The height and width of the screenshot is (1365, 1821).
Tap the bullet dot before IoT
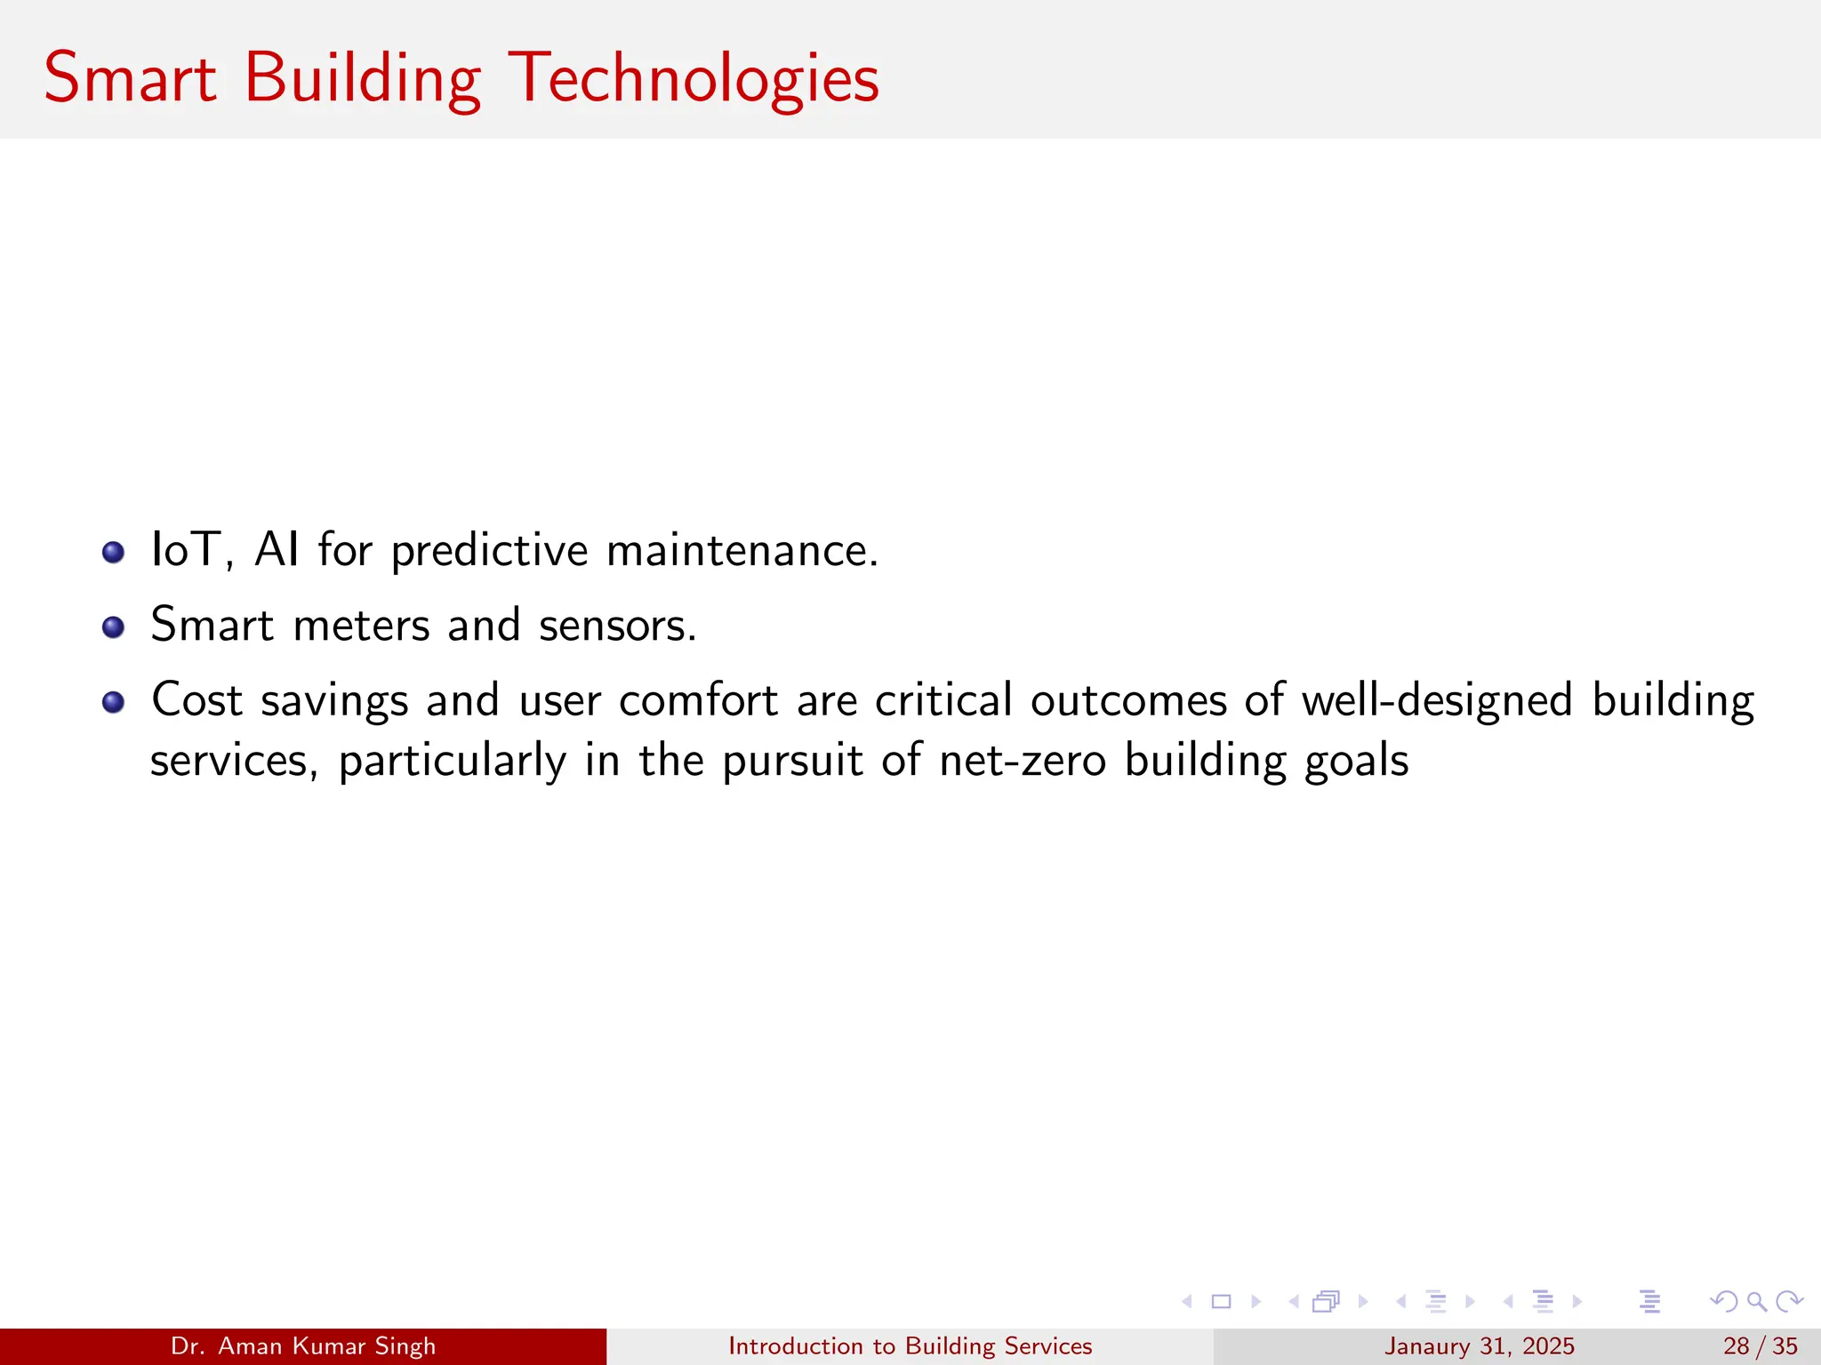(x=113, y=553)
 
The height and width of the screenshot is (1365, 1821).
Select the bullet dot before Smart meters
(x=113, y=627)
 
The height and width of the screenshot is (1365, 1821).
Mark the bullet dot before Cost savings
(x=113, y=703)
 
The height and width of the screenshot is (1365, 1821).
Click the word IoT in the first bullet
(x=185, y=549)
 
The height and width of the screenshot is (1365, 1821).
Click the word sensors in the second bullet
(x=617, y=626)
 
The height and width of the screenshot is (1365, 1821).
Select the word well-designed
(x=1437, y=701)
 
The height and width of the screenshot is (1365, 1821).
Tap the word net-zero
(x=1022, y=761)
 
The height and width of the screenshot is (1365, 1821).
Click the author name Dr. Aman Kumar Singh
(x=303, y=1346)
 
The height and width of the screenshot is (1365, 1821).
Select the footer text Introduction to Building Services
(x=910, y=1346)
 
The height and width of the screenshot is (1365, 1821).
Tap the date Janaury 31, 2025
(x=1479, y=1346)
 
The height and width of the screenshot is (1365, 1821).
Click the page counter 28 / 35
(x=1760, y=1346)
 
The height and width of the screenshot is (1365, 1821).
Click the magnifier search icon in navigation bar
(x=1756, y=1302)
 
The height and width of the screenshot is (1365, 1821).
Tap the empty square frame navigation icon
(x=1221, y=1302)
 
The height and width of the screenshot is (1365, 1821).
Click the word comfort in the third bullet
(x=698, y=701)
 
